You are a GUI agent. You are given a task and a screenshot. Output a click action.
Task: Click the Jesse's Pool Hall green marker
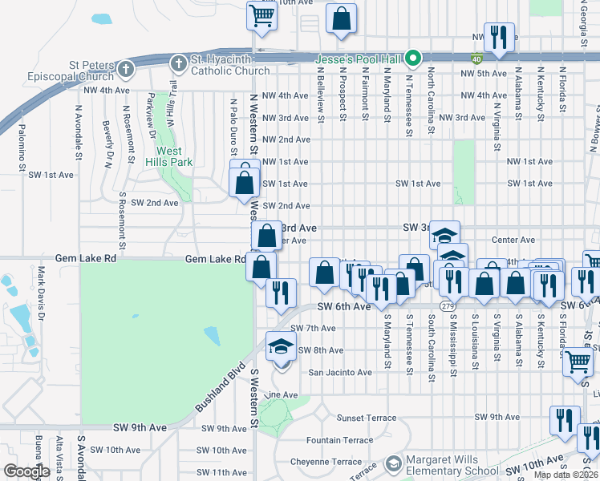[x=413, y=58]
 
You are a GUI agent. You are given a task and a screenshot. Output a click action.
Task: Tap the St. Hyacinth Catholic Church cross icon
[x=178, y=63]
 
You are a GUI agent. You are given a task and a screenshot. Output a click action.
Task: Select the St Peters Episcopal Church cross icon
[x=124, y=70]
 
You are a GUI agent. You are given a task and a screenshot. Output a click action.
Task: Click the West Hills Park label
[x=168, y=156]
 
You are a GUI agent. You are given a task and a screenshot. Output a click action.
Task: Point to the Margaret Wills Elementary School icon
[x=393, y=464]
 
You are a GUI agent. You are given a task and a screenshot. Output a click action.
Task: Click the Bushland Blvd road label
[x=219, y=389]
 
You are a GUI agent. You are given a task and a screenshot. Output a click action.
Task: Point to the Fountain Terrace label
[x=334, y=440]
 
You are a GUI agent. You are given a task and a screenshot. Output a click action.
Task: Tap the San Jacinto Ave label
[x=341, y=372]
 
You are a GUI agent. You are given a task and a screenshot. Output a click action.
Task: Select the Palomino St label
[x=22, y=148]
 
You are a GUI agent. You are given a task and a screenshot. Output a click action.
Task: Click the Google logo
[x=27, y=471]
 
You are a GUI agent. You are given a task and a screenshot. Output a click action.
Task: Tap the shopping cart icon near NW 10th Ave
[x=261, y=15]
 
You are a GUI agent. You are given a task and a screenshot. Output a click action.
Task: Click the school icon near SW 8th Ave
[x=281, y=346]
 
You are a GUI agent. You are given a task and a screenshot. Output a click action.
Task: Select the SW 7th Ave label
[x=312, y=329]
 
